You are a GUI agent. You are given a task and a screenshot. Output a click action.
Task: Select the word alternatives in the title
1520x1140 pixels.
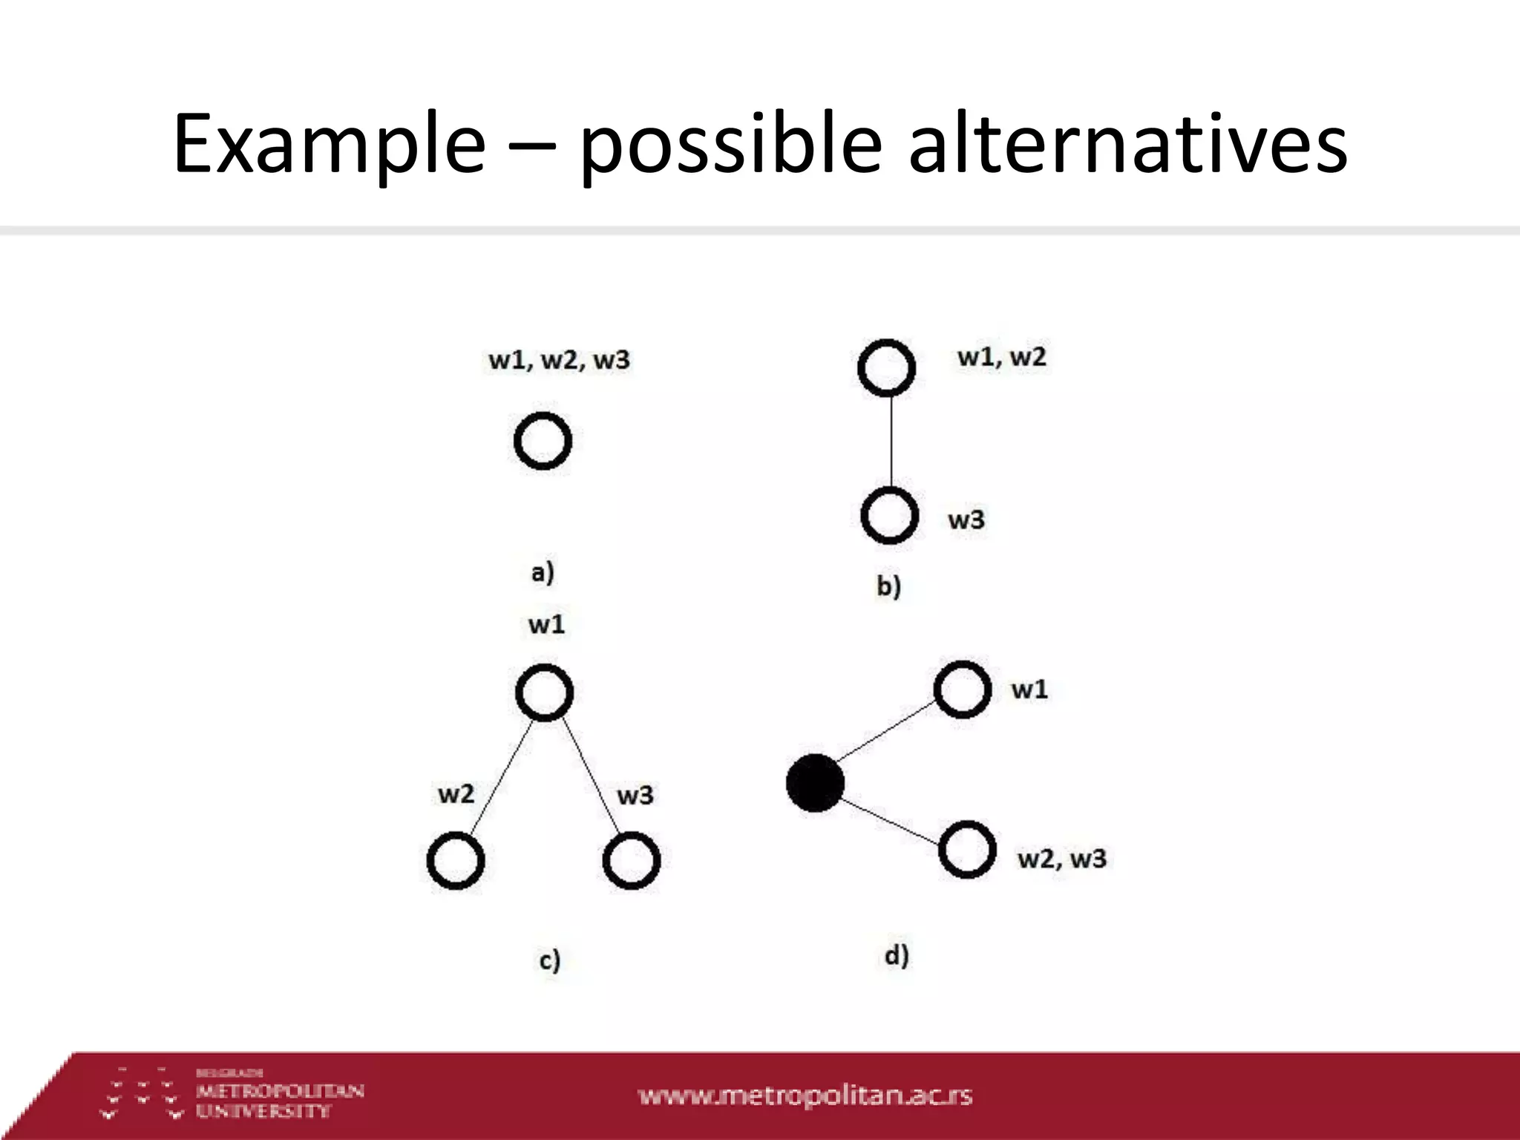pyautogui.click(x=1127, y=142)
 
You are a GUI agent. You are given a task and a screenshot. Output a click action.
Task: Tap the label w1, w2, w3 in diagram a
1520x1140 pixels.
pyautogui.click(x=559, y=360)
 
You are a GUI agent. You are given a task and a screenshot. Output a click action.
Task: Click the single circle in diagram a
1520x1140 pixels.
pyautogui.click(x=543, y=441)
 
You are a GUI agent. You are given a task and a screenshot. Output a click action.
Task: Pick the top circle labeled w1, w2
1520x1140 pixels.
pyautogui.click(x=886, y=367)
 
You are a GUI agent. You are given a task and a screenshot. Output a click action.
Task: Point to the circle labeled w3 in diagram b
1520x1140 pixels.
pyautogui.click(x=889, y=515)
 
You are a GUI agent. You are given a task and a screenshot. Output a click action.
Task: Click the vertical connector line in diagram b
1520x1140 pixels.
pyautogui.click(x=891, y=441)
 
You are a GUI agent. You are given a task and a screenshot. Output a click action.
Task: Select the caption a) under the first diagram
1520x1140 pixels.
pyautogui.click(x=543, y=573)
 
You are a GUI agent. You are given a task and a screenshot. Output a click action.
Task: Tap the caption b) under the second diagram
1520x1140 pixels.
pyautogui.click(x=888, y=586)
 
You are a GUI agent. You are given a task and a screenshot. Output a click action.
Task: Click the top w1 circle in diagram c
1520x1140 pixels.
pyautogui.click(x=545, y=692)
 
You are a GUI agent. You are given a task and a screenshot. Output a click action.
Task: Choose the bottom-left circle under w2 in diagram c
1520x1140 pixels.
pyautogui.click(x=456, y=860)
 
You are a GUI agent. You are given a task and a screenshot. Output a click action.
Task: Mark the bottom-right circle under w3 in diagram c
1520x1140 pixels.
pyautogui.click(x=632, y=860)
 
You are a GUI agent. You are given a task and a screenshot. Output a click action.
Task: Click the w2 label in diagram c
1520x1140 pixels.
pyautogui.click(x=456, y=794)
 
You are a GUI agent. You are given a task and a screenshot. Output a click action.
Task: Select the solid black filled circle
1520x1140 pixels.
pyautogui.click(x=815, y=783)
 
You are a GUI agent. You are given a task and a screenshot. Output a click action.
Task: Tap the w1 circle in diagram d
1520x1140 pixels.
pyautogui.click(x=963, y=689)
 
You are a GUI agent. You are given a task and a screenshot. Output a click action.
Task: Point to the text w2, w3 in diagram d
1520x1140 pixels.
pyautogui.click(x=1061, y=859)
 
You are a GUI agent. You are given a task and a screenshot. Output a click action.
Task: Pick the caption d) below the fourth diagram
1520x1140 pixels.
pyautogui.click(x=897, y=955)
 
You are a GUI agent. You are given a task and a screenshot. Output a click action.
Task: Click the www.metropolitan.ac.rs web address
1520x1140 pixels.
pyautogui.click(x=805, y=1095)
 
